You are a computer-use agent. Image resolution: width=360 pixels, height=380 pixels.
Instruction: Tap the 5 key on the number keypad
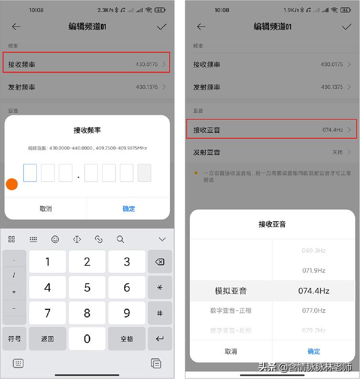(87, 287)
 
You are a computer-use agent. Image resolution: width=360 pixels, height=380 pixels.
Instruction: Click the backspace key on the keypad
(160, 261)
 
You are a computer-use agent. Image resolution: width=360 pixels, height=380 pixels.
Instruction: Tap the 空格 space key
(127, 338)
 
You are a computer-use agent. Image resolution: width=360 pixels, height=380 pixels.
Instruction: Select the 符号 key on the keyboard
(14, 338)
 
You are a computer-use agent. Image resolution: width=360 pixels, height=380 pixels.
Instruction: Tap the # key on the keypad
(160, 313)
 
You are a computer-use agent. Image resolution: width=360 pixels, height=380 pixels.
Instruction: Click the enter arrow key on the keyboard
(160, 338)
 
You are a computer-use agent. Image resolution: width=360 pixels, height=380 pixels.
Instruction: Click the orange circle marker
(12, 184)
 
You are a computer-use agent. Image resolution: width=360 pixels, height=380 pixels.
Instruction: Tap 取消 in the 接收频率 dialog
(46, 208)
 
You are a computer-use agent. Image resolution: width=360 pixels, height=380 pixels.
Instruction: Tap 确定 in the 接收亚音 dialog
(314, 351)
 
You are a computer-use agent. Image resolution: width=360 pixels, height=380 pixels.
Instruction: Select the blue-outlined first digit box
(30, 173)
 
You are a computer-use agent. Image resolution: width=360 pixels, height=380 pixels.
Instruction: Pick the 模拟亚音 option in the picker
(231, 291)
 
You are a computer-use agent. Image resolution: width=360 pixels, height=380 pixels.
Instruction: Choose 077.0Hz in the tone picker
(314, 310)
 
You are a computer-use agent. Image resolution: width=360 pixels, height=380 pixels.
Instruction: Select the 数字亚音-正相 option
(231, 310)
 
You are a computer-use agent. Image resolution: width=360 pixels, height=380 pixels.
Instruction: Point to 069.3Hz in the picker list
(314, 250)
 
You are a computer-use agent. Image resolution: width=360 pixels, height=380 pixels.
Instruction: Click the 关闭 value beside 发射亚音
(338, 152)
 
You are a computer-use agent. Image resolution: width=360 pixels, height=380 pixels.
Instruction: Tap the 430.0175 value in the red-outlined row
(147, 64)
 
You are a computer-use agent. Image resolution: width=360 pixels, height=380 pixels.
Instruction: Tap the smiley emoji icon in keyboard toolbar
(55, 239)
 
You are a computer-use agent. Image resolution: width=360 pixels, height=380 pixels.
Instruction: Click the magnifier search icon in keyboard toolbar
(120, 239)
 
